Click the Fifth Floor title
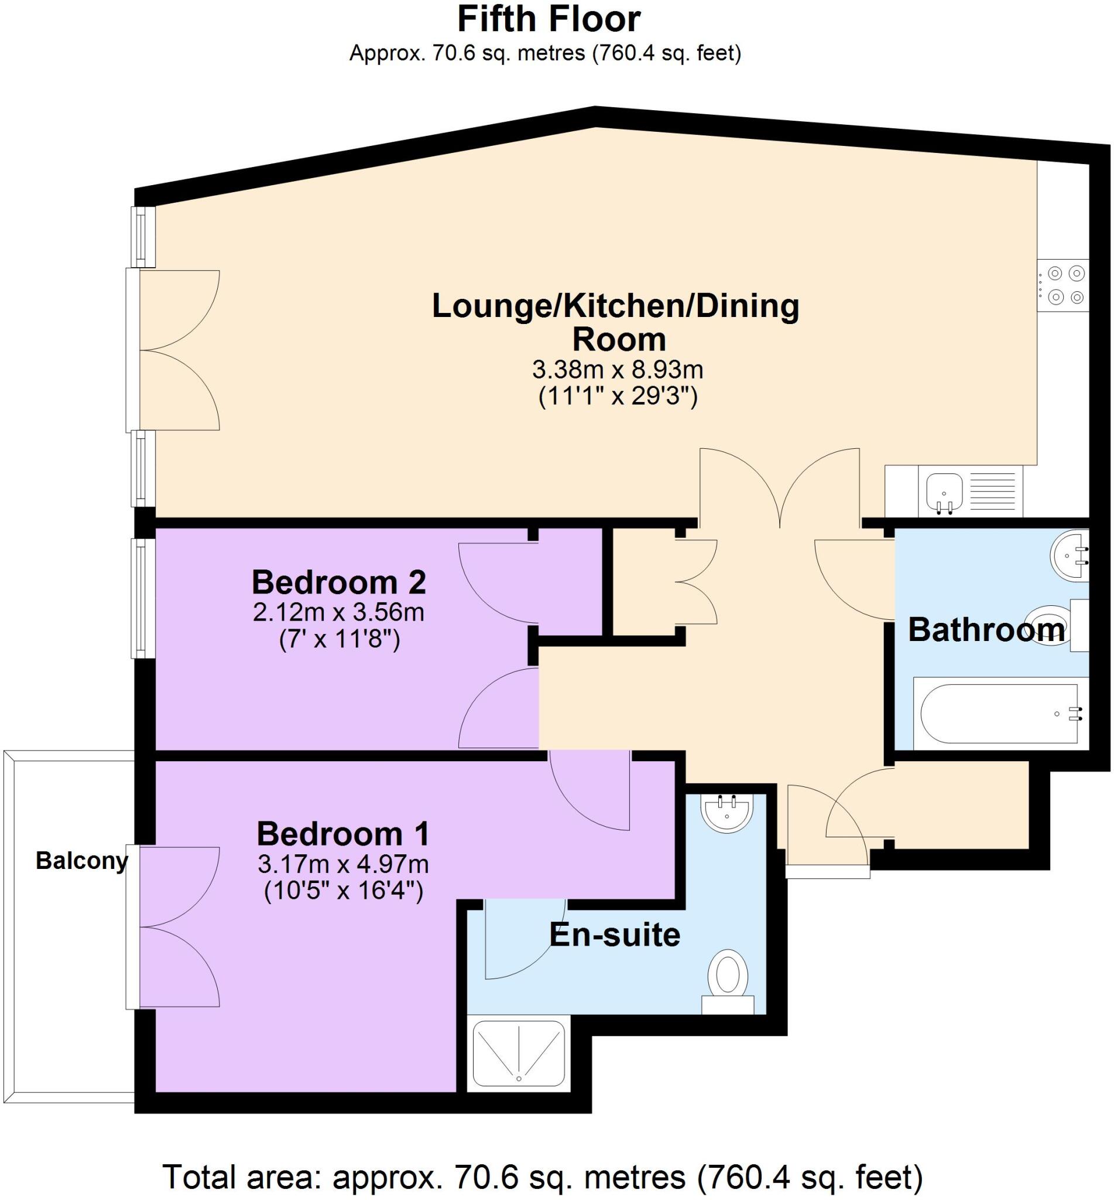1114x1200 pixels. [549, 19]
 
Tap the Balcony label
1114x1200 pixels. [82, 861]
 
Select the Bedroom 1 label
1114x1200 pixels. [343, 834]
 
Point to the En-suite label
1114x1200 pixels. [615, 935]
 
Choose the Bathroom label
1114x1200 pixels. [986, 630]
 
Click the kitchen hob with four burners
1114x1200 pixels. [1062, 285]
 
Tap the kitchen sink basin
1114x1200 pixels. [944, 490]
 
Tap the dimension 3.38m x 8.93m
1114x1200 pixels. [618, 369]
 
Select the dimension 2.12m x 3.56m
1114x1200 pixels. [339, 612]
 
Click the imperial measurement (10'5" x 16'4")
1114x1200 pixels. [344, 891]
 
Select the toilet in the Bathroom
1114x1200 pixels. [1061, 626]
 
